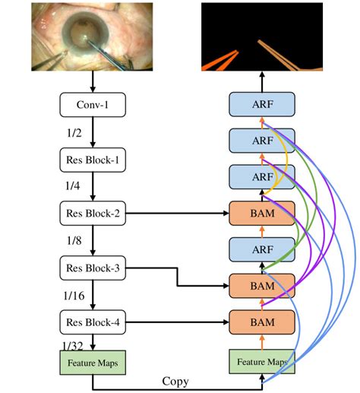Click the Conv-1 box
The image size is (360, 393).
92,105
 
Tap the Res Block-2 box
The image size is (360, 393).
92,214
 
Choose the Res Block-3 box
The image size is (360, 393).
92,268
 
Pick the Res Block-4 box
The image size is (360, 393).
92,322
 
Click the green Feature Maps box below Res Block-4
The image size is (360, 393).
92,363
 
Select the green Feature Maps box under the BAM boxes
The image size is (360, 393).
261,363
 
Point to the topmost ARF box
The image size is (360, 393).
261,105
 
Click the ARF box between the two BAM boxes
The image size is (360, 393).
261,250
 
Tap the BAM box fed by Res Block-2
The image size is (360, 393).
261,214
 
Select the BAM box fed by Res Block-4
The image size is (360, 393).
261,322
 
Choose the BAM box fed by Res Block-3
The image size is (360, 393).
261,287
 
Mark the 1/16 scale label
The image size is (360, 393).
74,295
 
